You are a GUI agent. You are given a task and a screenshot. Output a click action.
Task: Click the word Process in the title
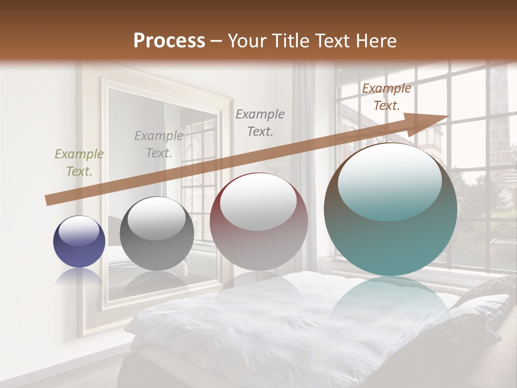(x=169, y=41)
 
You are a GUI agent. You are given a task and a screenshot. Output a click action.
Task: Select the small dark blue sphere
(x=79, y=242)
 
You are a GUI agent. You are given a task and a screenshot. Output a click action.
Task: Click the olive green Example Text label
(x=79, y=163)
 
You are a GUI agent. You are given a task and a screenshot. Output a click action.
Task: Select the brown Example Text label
(x=386, y=97)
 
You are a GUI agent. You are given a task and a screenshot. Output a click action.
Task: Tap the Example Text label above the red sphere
(x=260, y=122)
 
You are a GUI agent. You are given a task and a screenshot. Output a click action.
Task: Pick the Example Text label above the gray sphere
(x=158, y=144)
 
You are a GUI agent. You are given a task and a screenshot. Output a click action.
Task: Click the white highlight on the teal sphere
(x=389, y=181)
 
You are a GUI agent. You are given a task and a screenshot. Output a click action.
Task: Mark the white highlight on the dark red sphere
(x=258, y=201)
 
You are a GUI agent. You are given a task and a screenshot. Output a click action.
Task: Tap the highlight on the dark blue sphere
(x=79, y=231)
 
